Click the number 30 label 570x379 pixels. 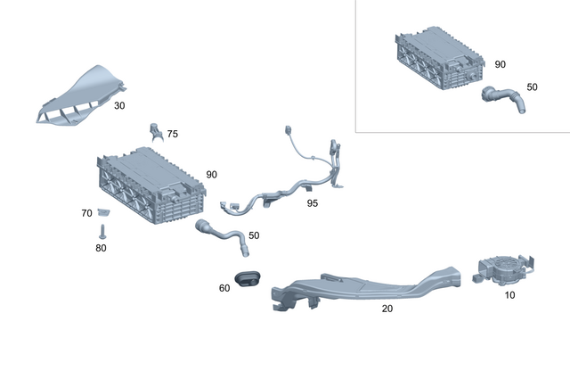[x=119, y=105]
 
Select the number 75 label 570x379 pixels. [x=172, y=134]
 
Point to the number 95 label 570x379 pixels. [x=312, y=203]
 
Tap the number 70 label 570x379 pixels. [x=86, y=213]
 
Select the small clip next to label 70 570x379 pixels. [x=103, y=212]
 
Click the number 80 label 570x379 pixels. [x=100, y=247]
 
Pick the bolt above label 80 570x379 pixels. [x=100, y=231]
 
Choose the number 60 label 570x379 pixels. [x=224, y=287]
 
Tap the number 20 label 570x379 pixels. [x=387, y=308]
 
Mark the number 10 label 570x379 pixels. [x=509, y=294]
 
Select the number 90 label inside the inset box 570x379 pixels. [x=500, y=64]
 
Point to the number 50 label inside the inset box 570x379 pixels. [x=532, y=87]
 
